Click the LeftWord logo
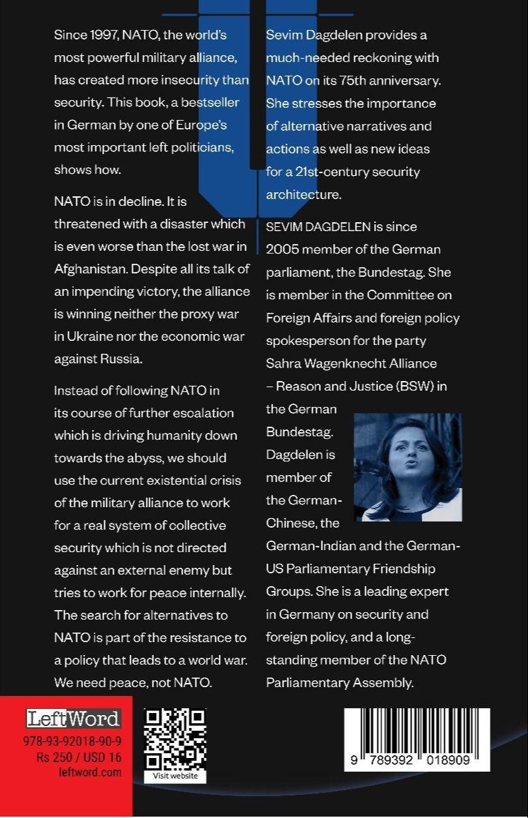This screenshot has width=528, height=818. click(74, 718)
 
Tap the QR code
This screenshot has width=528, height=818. click(175, 740)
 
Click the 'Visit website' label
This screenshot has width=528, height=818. click(175, 776)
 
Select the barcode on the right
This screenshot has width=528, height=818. click(416, 739)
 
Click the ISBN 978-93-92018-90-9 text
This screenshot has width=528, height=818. click(72, 740)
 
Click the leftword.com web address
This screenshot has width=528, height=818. click(90, 772)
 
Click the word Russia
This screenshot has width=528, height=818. click(124, 359)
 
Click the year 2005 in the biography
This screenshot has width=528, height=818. click(281, 249)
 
